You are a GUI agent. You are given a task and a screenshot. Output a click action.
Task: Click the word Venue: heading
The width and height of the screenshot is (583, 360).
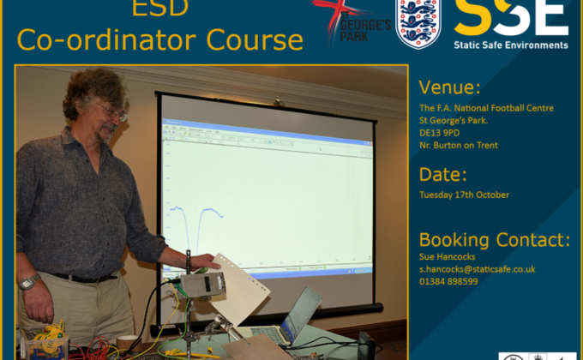click(x=449, y=87)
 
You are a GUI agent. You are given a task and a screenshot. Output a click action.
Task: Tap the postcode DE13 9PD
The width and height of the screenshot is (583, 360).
click(x=440, y=133)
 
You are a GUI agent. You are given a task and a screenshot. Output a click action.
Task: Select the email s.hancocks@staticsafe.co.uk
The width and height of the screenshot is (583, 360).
click(x=478, y=269)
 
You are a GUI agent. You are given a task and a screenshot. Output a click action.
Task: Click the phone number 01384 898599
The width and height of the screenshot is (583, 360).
click(x=448, y=281)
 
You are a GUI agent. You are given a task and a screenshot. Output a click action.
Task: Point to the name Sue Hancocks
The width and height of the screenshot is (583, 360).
click(x=448, y=256)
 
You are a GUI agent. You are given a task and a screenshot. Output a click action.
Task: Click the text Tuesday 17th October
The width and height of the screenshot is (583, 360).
click(x=465, y=195)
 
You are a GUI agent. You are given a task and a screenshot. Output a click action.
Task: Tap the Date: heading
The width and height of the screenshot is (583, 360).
click(x=442, y=174)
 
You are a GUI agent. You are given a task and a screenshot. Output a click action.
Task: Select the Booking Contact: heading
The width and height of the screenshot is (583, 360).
click(x=495, y=240)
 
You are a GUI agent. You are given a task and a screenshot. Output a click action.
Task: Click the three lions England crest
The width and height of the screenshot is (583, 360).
click(x=418, y=23)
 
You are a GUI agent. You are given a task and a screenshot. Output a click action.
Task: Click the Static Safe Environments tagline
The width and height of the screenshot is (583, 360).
click(x=511, y=45)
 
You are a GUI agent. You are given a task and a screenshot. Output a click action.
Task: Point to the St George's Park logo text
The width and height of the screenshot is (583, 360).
click(x=365, y=26)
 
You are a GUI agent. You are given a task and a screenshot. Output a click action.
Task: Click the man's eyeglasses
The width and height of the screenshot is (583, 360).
click(x=110, y=111)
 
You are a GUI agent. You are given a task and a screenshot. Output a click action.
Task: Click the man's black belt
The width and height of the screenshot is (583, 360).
click(x=84, y=278)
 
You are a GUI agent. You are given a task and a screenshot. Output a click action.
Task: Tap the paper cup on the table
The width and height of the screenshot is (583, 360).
click(x=127, y=343)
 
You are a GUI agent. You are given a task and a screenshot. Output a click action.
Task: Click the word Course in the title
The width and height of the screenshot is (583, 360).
click(x=255, y=39)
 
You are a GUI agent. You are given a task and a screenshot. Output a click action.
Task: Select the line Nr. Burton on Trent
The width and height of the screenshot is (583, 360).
click(x=459, y=145)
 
